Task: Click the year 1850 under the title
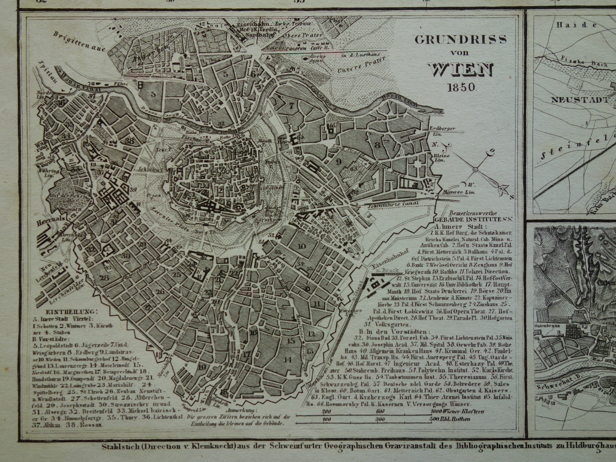tap(462, 87)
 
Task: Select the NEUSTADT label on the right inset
tap(579, 100)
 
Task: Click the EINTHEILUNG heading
tap(72, 312)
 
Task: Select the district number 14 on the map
tap(287, 360)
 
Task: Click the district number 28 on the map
tap(105, 278)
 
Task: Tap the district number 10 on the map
tap(302, 246)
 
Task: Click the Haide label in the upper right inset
tap(577, 25)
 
